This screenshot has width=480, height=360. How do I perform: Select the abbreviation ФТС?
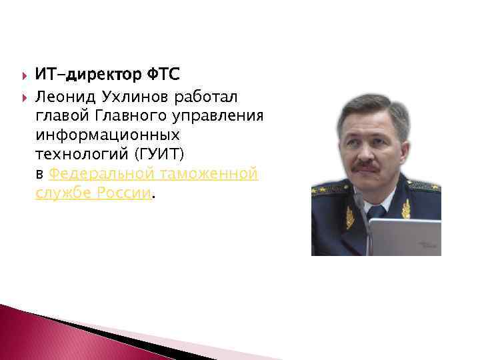tap(163, 73)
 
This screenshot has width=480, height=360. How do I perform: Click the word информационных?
tap(107, 135)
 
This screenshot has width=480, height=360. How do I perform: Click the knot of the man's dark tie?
tap(377, 211)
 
